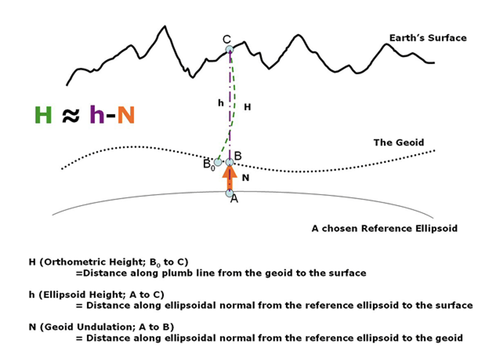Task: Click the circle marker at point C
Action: (x=229, y=49)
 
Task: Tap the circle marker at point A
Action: (x=229, y=193)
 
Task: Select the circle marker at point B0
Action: (x=218, y=161)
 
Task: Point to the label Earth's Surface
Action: (x=428, y=38)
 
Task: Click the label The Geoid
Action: (x=398, y=142)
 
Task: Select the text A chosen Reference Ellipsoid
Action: (x=384, y=229)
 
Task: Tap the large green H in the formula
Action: (x=43, y=115)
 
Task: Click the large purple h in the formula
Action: (x=96, y=115)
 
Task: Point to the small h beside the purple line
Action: (x=220, y=102)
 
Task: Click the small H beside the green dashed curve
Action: (x=248, y=107)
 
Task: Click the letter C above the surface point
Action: (x=226, y=39)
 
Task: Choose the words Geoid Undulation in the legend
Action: (x=79, y=327)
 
